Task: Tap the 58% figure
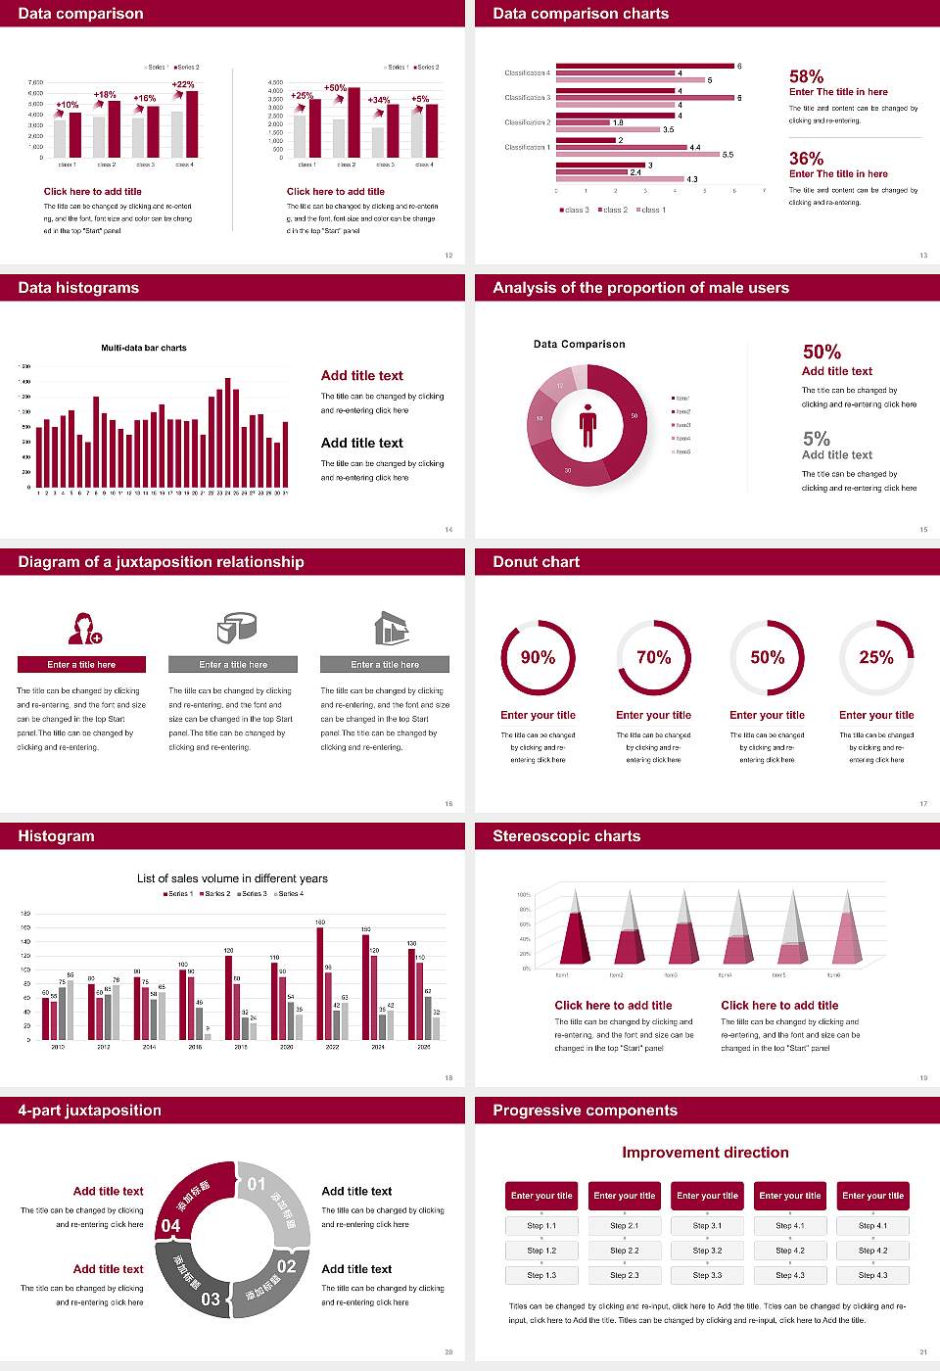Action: [806, 76]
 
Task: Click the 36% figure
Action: [806, 159]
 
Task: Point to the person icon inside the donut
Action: [587, 424]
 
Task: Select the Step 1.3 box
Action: [541, 1275]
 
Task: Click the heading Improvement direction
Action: [705, 1153]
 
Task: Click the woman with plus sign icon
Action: [84, 628]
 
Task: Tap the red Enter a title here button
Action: [82, 665]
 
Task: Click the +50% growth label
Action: [335, 88]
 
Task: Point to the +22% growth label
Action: [183, 85]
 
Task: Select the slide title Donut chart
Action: [536, 562]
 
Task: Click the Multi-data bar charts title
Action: [144, 348]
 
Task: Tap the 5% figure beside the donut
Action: [816, 439]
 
